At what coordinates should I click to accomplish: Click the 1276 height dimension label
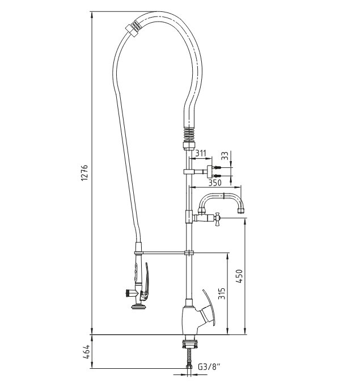84,172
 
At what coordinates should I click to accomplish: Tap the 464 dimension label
86,352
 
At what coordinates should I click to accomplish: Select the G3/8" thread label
209,367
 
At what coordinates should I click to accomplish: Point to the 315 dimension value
221,293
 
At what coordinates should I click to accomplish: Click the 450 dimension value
239,276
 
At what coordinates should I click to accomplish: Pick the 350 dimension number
215,183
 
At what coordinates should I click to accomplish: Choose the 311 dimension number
201,153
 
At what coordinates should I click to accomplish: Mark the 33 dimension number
225,155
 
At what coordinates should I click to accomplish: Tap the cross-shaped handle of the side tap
217,219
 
